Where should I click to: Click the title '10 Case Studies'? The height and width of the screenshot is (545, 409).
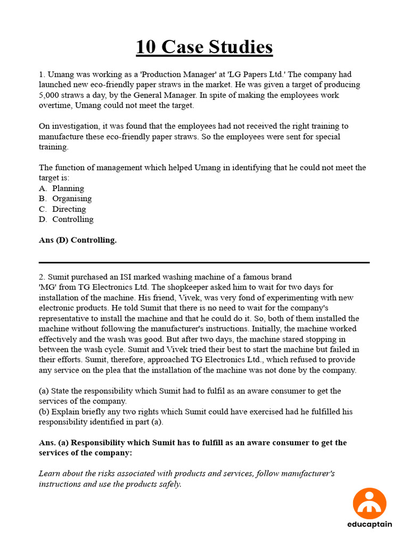point(204,47)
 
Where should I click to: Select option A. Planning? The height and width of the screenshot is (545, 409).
point(68,188)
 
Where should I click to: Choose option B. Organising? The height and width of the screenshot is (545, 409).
point(71,199)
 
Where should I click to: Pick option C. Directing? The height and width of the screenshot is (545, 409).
point(69,209)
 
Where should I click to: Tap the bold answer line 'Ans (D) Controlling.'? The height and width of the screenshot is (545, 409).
point(78,240)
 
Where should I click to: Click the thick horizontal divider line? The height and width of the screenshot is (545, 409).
point(204,262)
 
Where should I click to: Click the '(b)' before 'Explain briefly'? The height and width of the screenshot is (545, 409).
point(45,411)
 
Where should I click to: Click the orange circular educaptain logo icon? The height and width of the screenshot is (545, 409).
point(370,503)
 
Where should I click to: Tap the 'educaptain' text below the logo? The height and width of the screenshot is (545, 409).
point(370,524)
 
